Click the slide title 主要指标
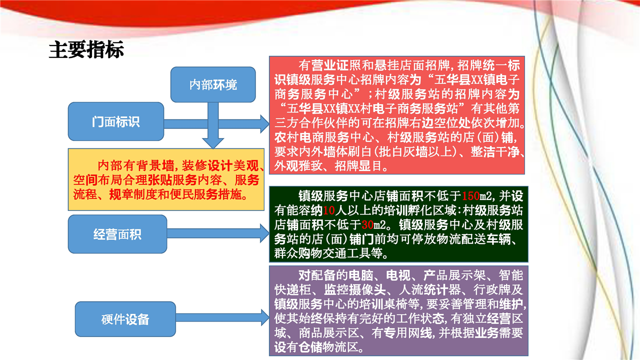[86, 49]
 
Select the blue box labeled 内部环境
[213, 84]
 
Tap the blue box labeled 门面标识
[116, 121]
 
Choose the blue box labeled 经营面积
[117, 234]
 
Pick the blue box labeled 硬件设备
[125, 319]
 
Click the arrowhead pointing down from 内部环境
[213, 143]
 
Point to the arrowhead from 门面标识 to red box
[264, 123]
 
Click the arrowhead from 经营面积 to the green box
[264, 233]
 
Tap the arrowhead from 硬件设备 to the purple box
[265, 317]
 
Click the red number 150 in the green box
[470, 196]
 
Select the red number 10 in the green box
[329, 210]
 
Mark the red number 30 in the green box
[367, 225]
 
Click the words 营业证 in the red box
[329, 65]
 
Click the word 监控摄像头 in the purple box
[355, 290]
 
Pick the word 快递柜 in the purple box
[293, 290]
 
